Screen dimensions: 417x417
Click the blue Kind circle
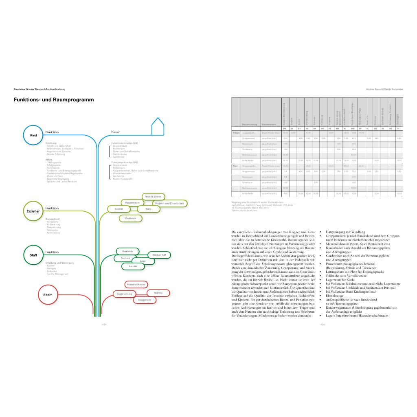click(33, 135)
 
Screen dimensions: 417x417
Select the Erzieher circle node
click(33, 211)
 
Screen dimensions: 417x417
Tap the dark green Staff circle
click(33, 255)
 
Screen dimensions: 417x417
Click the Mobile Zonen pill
click(153, 197)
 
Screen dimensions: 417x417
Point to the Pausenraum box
click(133, 202)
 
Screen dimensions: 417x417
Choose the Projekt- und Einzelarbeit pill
click(170, 203)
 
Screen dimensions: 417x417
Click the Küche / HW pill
click(159, 255)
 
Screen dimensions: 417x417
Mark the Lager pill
click(143, 261)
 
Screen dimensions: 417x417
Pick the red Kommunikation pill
click(136, 284)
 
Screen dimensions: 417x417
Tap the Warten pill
click(158, 293)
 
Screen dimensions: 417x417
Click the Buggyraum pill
click(145, 300)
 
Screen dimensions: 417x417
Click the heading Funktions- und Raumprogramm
click(54, 100)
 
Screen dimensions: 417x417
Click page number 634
click(104, 325)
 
